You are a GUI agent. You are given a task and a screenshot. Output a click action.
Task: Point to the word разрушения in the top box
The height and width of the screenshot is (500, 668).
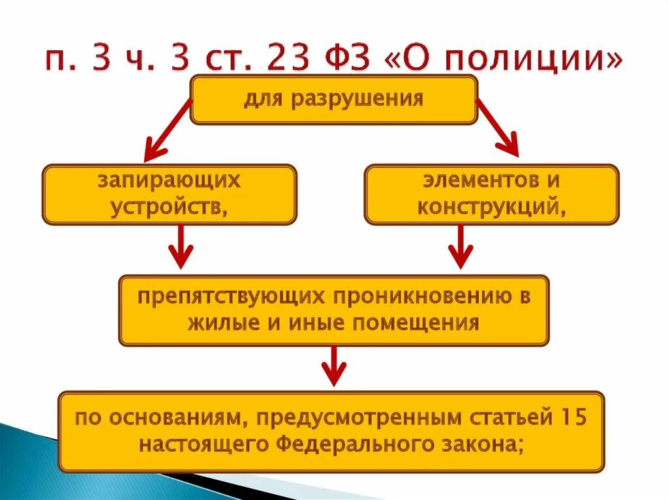tap(366, 99)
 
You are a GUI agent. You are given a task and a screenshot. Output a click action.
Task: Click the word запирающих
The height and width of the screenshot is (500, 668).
tap(170, 180)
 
